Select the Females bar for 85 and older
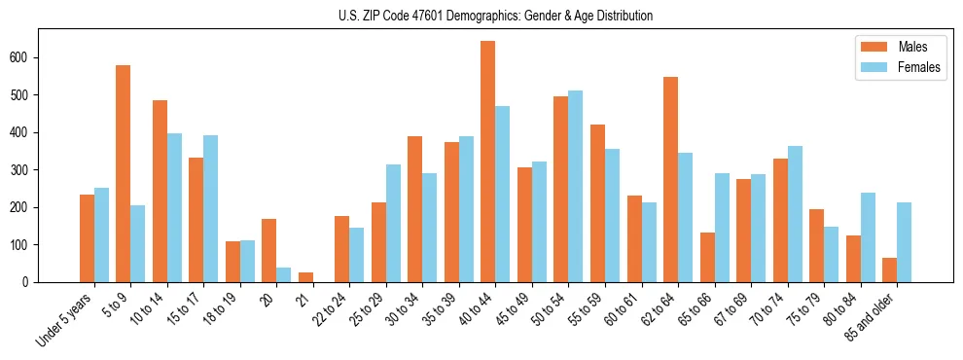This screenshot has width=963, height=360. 904,242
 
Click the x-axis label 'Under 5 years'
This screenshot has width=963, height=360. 64,320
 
